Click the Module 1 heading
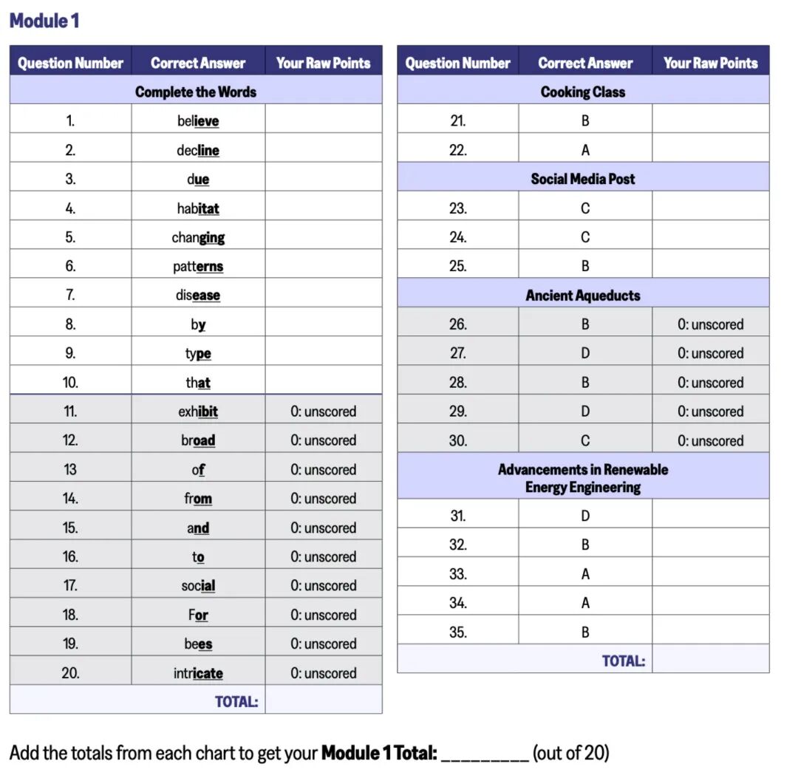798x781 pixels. coord(44,21)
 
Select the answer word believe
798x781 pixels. coord(198,121)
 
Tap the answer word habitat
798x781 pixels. coord(198,208)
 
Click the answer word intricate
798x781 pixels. coord(198,673)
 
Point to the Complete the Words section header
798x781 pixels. coord(196,92)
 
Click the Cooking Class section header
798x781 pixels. coord(583,92)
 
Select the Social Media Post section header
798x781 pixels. coord(583,179)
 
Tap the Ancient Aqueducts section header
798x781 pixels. coord(583,296)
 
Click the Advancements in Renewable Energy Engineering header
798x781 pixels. coord(583,478)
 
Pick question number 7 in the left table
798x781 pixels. coord(70,295)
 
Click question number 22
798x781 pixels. coord(458,150)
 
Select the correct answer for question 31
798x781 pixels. coord(585,516)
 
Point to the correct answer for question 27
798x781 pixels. coord(585,353)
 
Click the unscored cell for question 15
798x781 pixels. coord(324,528)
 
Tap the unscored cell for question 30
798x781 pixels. coord(711,440)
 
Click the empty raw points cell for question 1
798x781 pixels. coord(324,121)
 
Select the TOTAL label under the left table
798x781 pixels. coord(236,701)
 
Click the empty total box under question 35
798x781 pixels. coord(711,661)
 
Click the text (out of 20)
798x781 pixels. coord(571,753)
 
